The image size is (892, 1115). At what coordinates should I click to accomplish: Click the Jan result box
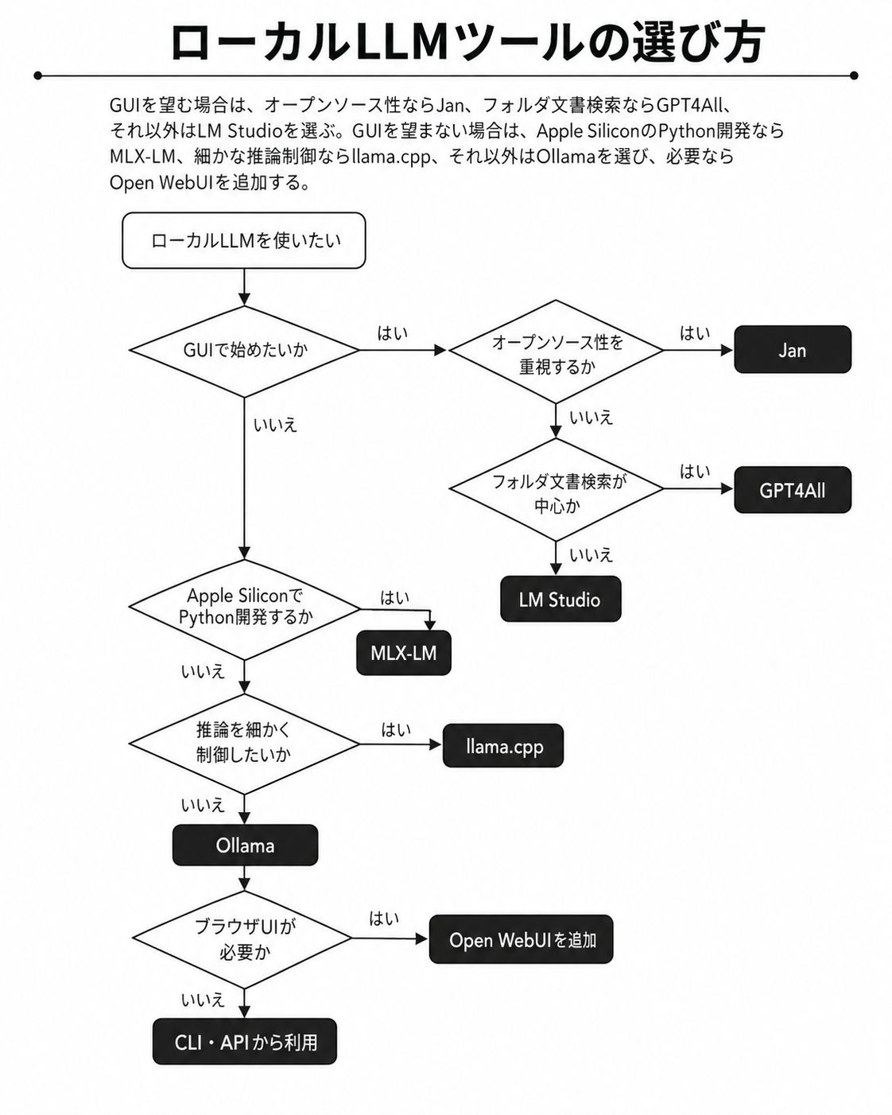[793, 349]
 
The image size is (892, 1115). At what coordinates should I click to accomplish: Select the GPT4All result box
[793, 490]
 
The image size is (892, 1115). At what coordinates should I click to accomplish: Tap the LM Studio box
[560, 599]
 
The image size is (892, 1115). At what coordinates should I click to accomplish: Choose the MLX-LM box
[404, 653]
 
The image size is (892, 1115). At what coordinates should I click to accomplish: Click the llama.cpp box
[503, 745]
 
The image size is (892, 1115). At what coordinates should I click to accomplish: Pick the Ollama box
[245, 845]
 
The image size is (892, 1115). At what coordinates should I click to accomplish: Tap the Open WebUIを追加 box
[521, 939]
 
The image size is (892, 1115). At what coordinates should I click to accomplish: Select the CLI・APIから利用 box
[245, 1042]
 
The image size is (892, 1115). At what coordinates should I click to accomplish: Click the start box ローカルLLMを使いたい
[244, 240]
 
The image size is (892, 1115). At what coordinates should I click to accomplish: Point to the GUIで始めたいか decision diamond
[245, 351]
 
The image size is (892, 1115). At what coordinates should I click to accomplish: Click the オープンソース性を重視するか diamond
[557, 352]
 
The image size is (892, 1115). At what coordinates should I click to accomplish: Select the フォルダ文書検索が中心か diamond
[557, 489]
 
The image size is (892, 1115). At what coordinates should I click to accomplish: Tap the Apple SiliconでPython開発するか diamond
[245, 609]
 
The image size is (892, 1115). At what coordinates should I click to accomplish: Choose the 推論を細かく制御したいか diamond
[245, 744]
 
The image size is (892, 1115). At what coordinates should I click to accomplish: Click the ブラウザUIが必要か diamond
[242, 939]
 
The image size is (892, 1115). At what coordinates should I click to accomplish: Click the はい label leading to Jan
[695, 333]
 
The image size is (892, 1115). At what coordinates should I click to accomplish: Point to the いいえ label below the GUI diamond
[275, 425]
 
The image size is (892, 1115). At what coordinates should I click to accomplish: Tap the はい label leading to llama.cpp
[396, 729]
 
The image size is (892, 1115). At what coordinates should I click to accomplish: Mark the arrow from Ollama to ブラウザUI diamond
[245, 878]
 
